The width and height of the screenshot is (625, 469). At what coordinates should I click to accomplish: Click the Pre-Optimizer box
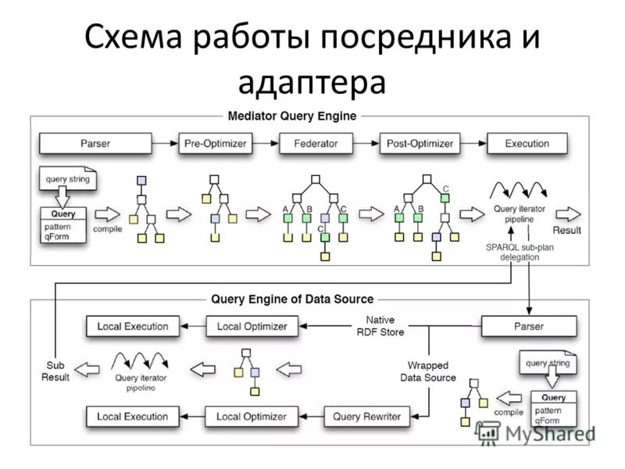coord(214,144)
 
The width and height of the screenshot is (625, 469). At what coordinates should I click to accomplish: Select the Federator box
coord(316,144)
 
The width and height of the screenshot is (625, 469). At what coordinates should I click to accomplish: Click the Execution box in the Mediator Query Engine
coord(527,144)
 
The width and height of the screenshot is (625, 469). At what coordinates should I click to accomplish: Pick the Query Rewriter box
coord(366,417)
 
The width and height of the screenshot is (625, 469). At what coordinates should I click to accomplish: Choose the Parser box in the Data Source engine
coord(529,326)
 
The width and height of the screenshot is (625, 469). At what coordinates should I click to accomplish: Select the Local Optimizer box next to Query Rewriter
coord(251,417)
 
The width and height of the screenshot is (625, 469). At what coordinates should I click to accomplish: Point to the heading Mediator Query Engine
coord(291,116)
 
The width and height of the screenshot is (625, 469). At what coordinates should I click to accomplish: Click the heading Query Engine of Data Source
coord(292,299)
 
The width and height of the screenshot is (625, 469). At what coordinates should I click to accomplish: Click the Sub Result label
coord(55,371)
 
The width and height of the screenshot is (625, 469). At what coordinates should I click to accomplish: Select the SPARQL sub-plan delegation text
coord(513,251)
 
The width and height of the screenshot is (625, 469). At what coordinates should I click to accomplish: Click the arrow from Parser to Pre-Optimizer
coord(165,144)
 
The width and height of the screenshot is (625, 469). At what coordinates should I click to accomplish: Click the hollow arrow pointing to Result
coord(568,213)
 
